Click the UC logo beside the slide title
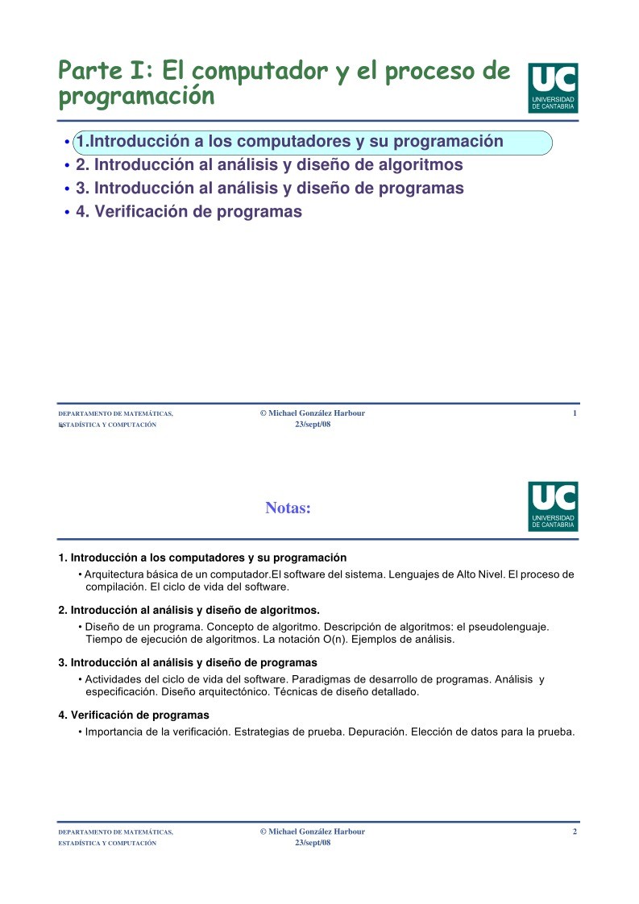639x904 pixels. [x=553, y=88]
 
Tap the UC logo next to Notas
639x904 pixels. [x=553, y=506]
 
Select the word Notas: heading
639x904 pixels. [x=288, y=508]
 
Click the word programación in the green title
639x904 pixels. [x=137, y=97]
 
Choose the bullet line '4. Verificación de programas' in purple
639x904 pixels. [x=189, y=212]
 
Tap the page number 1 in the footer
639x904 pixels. [x=575, y=413]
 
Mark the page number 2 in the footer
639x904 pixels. [x=575, y=831]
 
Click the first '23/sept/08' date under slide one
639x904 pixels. [x=313, y=425]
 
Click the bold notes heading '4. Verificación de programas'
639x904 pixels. [x=134, y=715]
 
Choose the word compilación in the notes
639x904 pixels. [x=115, y=587]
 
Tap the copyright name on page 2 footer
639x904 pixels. [x=313, y=831]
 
